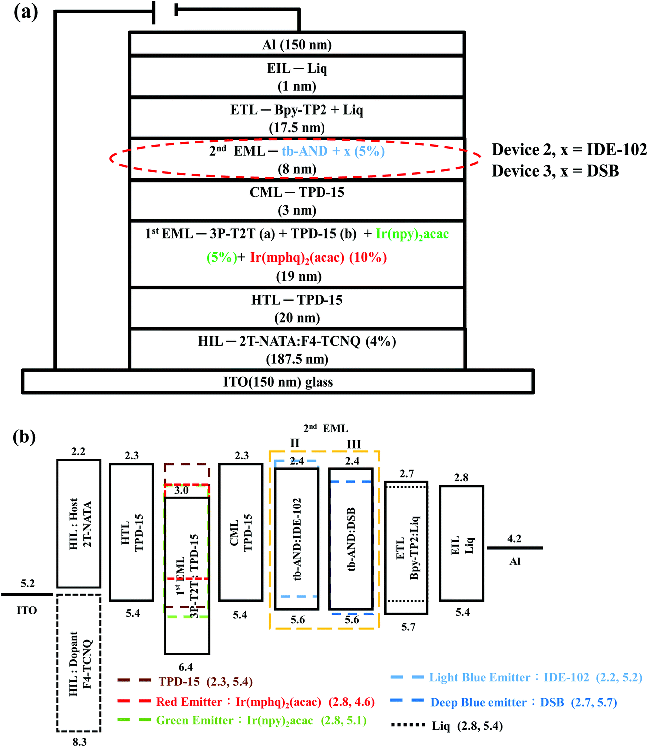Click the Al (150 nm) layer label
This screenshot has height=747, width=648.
point(297,45)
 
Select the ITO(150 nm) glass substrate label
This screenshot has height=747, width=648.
point(278,382)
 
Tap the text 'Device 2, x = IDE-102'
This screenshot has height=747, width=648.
point(569,150)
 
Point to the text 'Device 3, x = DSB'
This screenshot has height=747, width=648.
point(555,171)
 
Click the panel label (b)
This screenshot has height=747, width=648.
point(24,437)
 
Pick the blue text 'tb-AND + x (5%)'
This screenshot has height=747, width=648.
point(333,151)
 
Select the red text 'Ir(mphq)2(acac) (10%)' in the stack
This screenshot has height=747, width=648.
point(319,257)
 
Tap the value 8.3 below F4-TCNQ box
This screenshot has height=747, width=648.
point(79,742)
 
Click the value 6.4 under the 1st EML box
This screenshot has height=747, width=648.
point(186,667)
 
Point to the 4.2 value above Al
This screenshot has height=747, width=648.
point(514,539)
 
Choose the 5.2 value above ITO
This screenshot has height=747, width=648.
point(28,583)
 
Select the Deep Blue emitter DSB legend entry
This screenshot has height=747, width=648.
point(523,703)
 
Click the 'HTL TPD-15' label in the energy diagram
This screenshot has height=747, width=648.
point(132,533)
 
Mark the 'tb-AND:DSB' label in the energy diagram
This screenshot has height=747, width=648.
point(351,539)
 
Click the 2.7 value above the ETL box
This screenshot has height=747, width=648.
point(407,474)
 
